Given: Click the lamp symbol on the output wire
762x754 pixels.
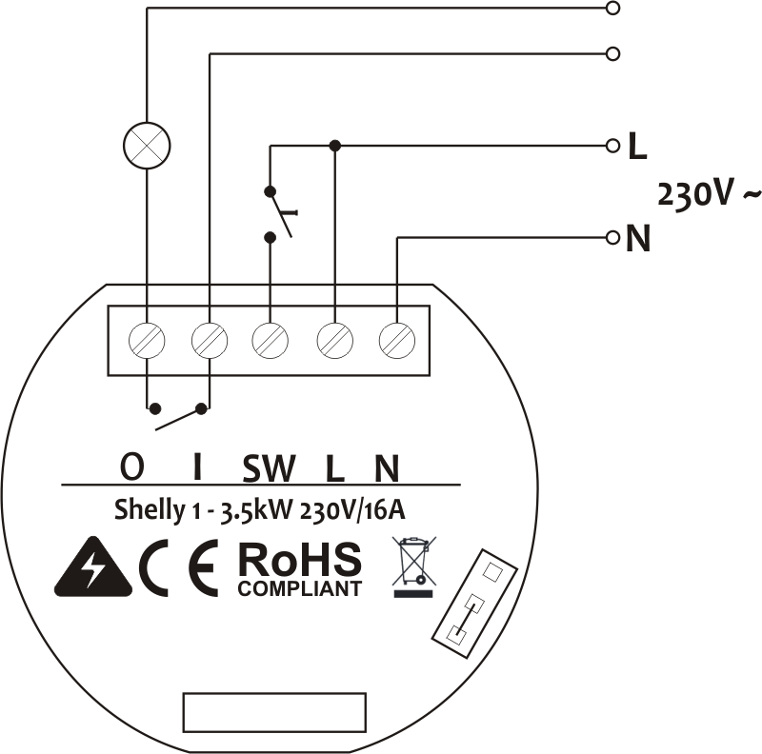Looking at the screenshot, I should [148, 147].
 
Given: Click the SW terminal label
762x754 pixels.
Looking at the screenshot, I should [270, 468].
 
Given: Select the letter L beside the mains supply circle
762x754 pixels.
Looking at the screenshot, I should [637, 148].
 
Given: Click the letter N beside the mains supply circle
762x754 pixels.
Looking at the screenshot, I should [638, 239].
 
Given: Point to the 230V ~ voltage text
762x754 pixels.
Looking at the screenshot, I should [709, 195].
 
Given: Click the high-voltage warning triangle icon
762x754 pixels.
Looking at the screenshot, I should [92, 569].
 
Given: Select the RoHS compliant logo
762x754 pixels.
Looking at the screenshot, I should [299, 569].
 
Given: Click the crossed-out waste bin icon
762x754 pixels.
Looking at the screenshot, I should [412, 565].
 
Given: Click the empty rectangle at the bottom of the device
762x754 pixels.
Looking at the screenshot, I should [274, 711].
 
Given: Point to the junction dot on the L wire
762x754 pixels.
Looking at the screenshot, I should [334, 145].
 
